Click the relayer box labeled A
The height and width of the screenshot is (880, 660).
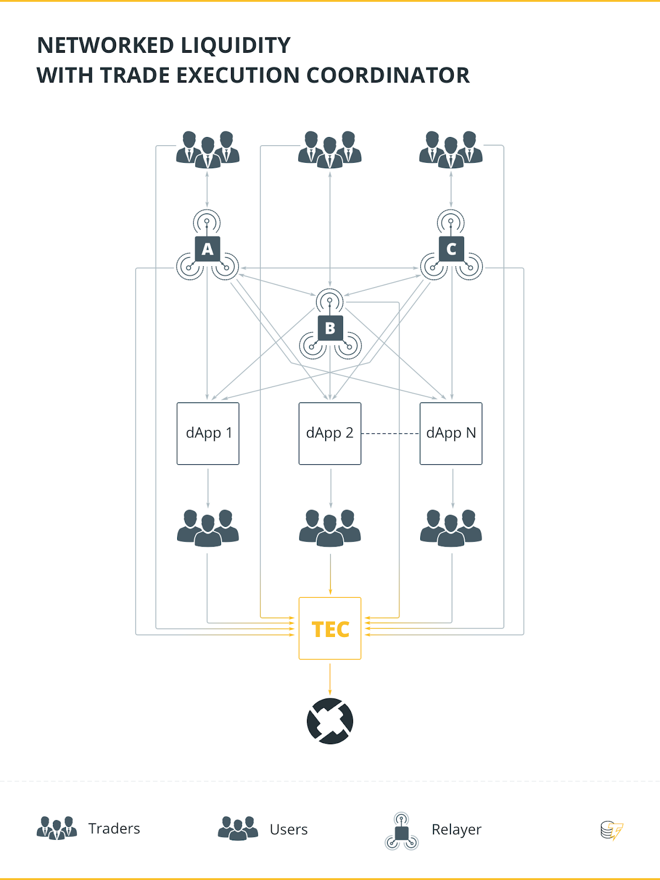(207, 249)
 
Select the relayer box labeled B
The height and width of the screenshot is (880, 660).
(330, 328)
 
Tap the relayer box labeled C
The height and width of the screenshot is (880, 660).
(452, 249)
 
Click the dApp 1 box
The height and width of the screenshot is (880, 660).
(208, 433)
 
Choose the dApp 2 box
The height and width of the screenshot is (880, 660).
(330, 433)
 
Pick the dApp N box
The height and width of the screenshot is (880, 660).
(451, 433)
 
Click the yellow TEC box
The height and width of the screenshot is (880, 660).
(330, 628)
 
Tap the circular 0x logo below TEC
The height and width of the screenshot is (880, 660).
(330, 721)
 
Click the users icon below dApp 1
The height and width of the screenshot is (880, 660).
(208, 528)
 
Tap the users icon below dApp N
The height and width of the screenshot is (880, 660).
(451, 528)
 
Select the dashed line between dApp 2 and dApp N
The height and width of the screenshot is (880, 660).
(391, 433)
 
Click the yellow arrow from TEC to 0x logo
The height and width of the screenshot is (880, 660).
(330, 679)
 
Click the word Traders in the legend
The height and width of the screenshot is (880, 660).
(114, 829)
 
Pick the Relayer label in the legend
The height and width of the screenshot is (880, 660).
(457, 829)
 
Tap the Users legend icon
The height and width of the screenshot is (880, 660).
(238, 828)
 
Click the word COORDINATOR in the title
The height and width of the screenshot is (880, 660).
(388, 75)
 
